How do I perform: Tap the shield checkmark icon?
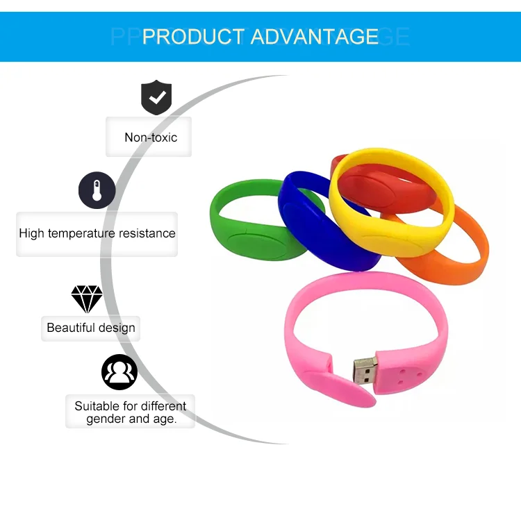(x=156, y=98)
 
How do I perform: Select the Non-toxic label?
(x=151, y=137)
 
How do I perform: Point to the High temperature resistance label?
(x=97, y=233)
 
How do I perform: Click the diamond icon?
(x=87, y=299)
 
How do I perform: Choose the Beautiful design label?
(x=91, y=328)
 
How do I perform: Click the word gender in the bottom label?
(x=107, y=419)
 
